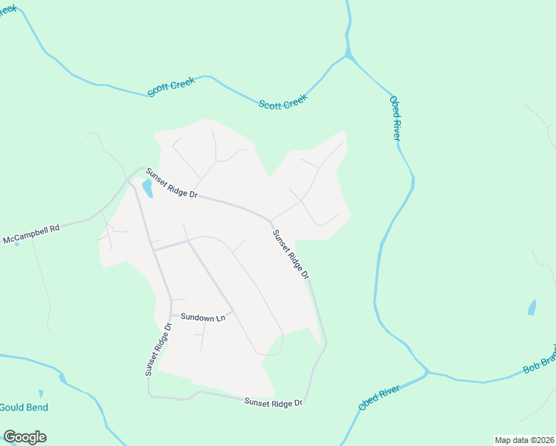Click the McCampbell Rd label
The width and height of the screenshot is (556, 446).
pos(30,234)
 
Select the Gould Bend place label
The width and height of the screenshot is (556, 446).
pos(24,407)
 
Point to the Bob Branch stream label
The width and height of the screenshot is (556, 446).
pos(540,359)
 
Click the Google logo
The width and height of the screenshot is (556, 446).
pos(25,437)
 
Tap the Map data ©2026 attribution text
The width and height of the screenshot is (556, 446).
pos(523,439)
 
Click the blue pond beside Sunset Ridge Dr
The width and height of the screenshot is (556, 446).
pos(147,189)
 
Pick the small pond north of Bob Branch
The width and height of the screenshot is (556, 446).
pos(531,307)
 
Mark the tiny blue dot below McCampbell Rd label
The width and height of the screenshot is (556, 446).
pos(16,245)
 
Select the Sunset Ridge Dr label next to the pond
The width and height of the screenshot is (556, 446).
pos(172,184)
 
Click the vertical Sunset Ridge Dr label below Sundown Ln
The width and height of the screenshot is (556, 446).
pos(158,347)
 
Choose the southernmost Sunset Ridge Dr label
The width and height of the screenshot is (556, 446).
pos(274,402)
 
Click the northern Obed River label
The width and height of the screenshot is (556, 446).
pos(395,117)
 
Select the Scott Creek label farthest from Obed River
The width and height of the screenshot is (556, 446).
pos(170,86)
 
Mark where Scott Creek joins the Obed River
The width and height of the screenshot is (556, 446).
pos(348,56)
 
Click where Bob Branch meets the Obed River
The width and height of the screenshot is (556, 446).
pos(427,372)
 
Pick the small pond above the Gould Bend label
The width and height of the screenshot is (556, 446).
pos(41,393)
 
